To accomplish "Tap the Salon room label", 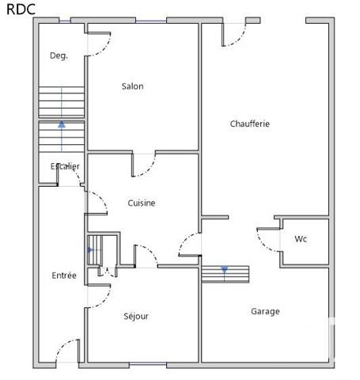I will point(132,86).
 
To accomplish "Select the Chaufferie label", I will point(250,123).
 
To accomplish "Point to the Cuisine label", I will point(142,203).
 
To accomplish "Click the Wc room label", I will point(301,239).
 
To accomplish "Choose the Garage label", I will point(265,311).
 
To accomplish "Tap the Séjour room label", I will point(136,316).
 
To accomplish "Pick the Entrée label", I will point(64,275).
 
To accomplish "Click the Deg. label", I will point(59,55).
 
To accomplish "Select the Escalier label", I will point(65,166).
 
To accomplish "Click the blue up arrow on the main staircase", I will point(61,125).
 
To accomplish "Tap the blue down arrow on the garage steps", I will point(224,270).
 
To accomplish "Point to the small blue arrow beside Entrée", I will point(90,249).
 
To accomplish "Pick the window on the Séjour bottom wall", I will point(149,363).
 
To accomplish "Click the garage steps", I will point(225,274).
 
